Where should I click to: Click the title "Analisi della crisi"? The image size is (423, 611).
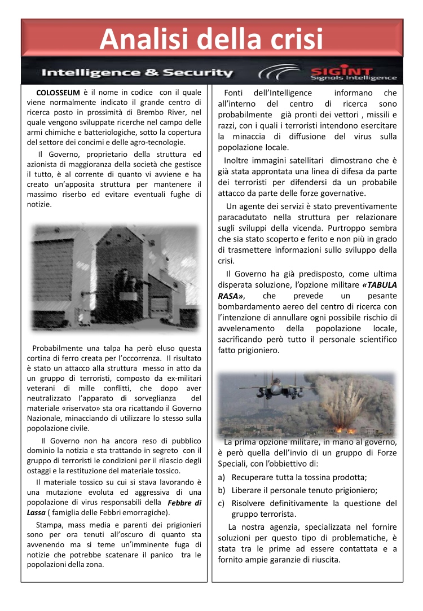(x=211, y=39)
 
